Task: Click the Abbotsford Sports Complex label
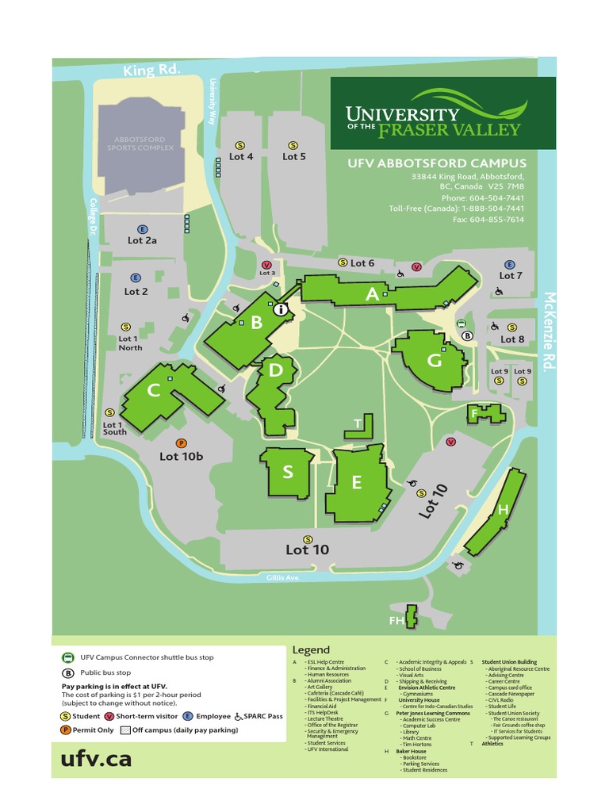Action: [139, 144]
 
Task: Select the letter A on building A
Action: [372, 294]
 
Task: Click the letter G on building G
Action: [434, 361]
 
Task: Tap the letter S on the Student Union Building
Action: [288, 472]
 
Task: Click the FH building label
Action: [396, 621]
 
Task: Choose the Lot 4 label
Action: [241, 156]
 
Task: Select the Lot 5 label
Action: [294, 156]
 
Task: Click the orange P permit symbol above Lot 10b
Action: [181, 443]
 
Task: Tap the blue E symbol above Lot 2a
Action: [143, 228]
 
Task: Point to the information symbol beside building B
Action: [280, 310]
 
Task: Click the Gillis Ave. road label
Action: [283, 578]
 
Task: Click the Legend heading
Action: [311, 649]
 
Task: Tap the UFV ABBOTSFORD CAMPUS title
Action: [436, 163]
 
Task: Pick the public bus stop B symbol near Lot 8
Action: [467, 335]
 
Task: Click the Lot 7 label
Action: [511, 275]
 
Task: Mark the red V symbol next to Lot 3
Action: [266, 265]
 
